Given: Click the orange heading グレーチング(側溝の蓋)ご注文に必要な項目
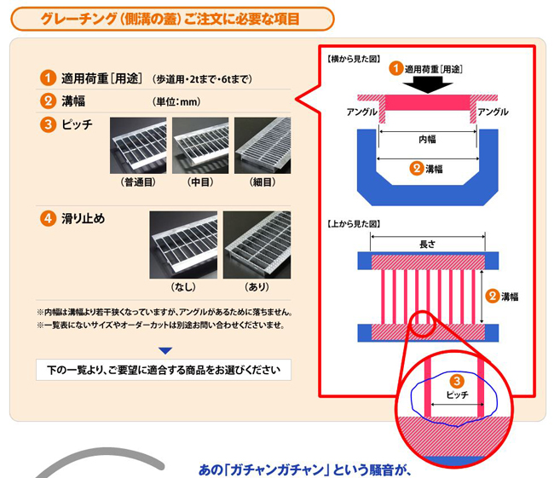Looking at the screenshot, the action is [x=170, y=19].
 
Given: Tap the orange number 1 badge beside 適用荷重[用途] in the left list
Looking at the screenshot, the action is [x=48, y=78].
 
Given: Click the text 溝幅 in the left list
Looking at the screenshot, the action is [x=73, y=101].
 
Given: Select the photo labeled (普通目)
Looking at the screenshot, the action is [x=138, y=146].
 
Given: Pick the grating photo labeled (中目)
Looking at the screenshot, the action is [x=200, y=146].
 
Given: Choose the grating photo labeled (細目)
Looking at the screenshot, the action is [x=263, y=146].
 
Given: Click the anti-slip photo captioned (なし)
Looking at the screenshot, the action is [x=183, y=245].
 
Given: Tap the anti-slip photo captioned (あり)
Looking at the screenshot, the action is [x=257, y=245].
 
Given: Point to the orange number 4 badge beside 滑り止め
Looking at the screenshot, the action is [x=48, y=218].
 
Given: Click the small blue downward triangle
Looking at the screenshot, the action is [x=165, y=351].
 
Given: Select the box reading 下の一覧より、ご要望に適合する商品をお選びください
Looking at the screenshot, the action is [x=164, y=370].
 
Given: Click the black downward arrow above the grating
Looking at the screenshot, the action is [x=428, y=85].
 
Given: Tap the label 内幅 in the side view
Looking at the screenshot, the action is [x=428, y=139].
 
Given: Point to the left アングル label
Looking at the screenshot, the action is [x=361, y=112].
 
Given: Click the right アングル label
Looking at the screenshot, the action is [x=493, y=112].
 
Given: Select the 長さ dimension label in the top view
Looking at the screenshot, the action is [x=428, y=244].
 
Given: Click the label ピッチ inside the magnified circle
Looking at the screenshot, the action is [x=457, y=394].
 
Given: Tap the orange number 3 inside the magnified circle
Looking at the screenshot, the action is [x=457, y=381].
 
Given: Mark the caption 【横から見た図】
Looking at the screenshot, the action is [x=354, y=59].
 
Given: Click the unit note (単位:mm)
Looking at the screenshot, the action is [x=176, y=101].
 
